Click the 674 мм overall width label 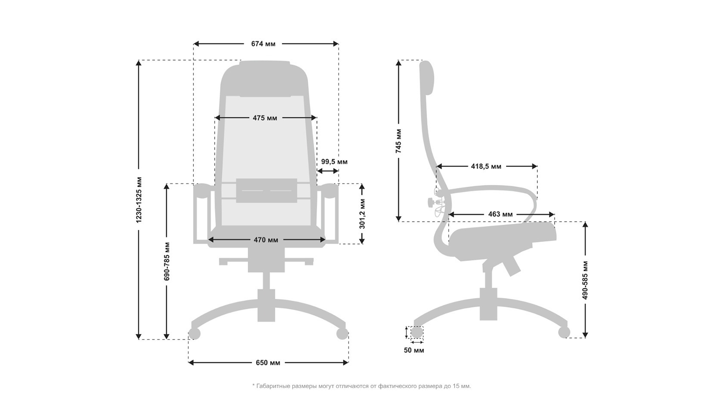pyautogui.click(x=263, y=43)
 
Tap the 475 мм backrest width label pyautogui.click(x=265, y=118)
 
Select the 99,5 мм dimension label pyautogui.click(x=334, y=161)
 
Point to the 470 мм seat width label pyautogui.click(x=266, y=240)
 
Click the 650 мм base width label pyautogui.click(x=268, y=363)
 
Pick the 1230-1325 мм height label pyautogui.click(x=139, y=200)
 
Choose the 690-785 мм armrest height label pyautogui.click(x=167, y=261)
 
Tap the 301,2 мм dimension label pyautogui.click(x=362, y=214)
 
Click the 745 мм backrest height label pyautogui.click(x=399, y=141)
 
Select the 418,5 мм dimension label pyautogui.click(x=486, y=166)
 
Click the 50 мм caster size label pyautogui.click(x=414, y=350)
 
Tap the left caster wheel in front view pyautogui.click(x=194, y=334)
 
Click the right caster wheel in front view pyautogui.click(x=342, y=334)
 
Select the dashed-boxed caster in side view pyautogui.click(x=417, y=332)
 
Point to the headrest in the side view pyautogui.click(x=427, y=77)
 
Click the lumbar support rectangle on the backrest pyautogui.click(x=267, y=190)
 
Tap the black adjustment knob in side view pyautogui.click(x=430, y=202)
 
